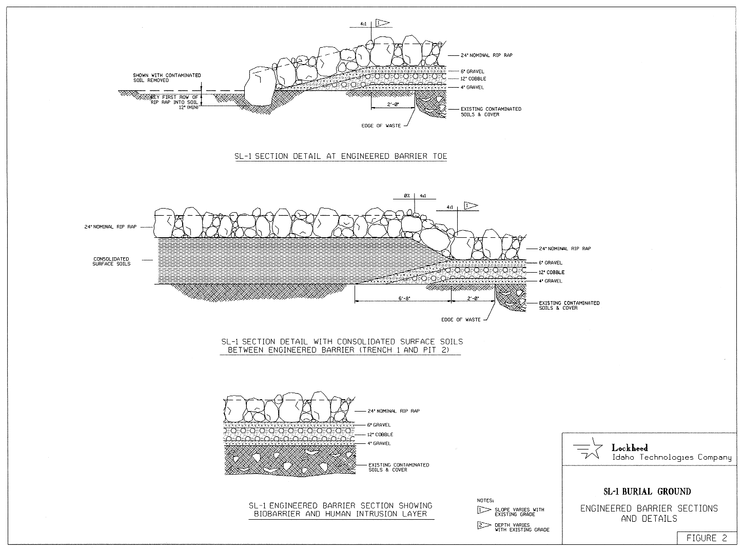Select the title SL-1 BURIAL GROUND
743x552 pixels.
(647, 492)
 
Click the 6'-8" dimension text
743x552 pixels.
(403, 298)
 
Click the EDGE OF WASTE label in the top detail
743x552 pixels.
(381, 126)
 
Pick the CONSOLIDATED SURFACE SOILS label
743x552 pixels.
(111, 261)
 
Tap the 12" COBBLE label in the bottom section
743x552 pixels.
(380, 434)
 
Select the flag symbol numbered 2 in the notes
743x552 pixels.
(484, 526)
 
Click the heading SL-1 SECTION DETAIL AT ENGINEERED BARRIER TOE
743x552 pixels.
(341, 156)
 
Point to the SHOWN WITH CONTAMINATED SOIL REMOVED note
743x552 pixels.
(167, 78)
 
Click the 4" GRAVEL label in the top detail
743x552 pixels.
(472, 88)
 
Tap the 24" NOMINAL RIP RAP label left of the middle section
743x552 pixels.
(111, 227)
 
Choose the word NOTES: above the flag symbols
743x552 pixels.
(485, 500)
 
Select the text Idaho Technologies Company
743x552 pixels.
(671, 458)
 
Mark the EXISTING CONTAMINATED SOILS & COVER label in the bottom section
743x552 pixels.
(399, 467)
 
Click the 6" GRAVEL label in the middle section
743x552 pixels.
(550, 263)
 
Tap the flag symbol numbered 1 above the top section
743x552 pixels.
(382, 23)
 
